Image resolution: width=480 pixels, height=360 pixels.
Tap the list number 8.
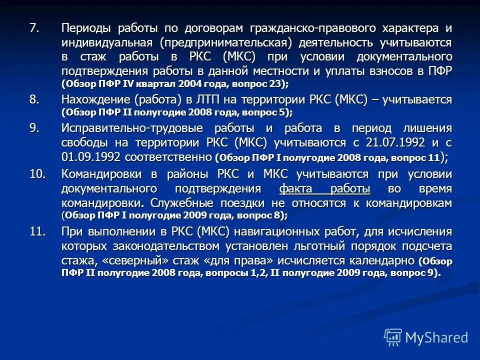coord(34,99)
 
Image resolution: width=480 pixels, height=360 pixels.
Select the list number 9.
coord(34,128)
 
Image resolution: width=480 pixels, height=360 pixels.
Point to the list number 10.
coord(37,174)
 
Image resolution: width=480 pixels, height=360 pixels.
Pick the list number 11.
coord(37,231)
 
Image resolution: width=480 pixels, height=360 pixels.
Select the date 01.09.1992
coord(91,156)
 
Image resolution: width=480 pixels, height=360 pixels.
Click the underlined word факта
coord(299,188)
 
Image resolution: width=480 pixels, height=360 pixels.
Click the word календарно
coord(377,260)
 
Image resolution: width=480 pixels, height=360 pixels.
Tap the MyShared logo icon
coord(392,337)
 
